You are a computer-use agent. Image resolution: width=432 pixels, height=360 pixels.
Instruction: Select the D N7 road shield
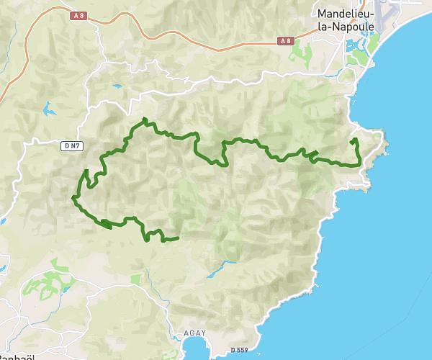pyautogui.click(x=71, y=146)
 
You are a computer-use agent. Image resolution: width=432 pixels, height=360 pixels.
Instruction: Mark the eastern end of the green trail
pyautogui.click(x=353, y=138)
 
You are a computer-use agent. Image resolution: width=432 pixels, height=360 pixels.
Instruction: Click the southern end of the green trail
pyautogui.click(x=177, y=238)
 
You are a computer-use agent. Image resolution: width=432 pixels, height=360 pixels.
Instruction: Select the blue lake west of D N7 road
pyautogui.click(x=48, y=109)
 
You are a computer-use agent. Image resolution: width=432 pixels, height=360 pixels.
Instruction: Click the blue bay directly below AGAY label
pyautogui.click(x=194, y=349)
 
